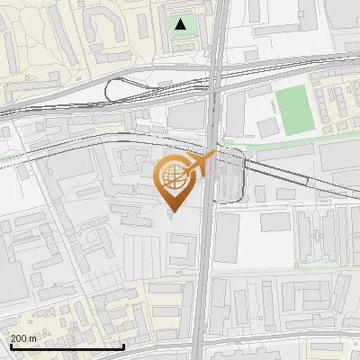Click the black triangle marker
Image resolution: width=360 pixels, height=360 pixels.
182,24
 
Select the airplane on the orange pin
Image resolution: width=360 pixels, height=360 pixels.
199,164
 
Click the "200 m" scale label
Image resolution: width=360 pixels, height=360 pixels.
23,338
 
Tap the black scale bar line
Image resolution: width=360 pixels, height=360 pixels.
67,346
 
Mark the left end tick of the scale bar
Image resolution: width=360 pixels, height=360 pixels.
11,345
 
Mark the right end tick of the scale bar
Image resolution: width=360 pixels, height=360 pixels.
123,345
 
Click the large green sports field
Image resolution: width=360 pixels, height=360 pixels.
292,107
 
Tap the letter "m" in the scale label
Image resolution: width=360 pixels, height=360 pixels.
33,338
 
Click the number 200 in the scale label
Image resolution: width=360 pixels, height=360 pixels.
19,338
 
